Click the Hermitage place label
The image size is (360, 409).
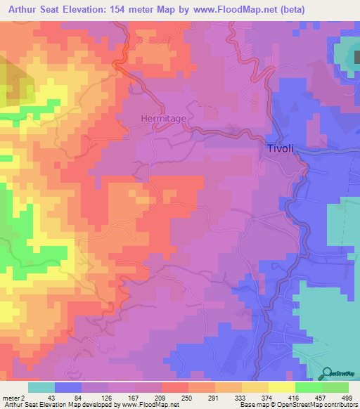coord(163,119)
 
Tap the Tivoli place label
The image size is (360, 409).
coord(280,148)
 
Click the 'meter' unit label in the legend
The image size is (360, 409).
coord(11,397)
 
